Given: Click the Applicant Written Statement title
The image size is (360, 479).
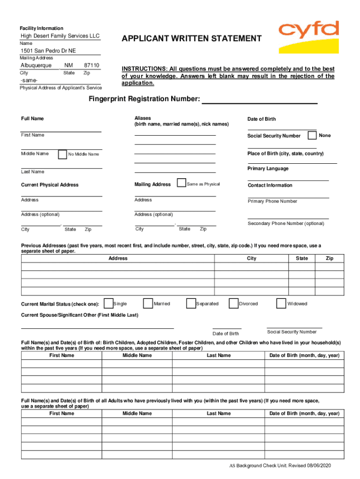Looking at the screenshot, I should pos(192,38).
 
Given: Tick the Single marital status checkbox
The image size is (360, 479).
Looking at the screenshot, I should pos(108,304).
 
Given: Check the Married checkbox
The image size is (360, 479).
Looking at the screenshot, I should pos(148,304).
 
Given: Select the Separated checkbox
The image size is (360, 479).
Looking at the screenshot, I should pos(191,304).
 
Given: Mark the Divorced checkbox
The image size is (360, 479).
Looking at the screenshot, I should pos(233,304).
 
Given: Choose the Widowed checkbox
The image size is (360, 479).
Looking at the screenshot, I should pos(281,304).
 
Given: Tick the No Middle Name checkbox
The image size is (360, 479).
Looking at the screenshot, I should pos(62,154).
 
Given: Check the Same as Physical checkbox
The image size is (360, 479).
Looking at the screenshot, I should pos(181,183).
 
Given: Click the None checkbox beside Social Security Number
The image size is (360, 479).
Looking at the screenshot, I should pos(312,135).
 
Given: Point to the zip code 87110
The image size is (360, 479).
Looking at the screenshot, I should pos(92,65).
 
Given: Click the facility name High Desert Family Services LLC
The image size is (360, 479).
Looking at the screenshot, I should pos(60,36).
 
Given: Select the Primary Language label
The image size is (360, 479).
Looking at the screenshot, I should pos(268,168).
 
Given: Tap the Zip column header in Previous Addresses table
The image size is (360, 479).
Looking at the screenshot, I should pos(330,258).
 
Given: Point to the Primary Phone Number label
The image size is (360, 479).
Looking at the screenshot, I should pos(272,201).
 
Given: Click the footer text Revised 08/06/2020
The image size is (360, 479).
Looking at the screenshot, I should pos(310,466).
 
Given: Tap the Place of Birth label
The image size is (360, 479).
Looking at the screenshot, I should pos(285,153).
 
